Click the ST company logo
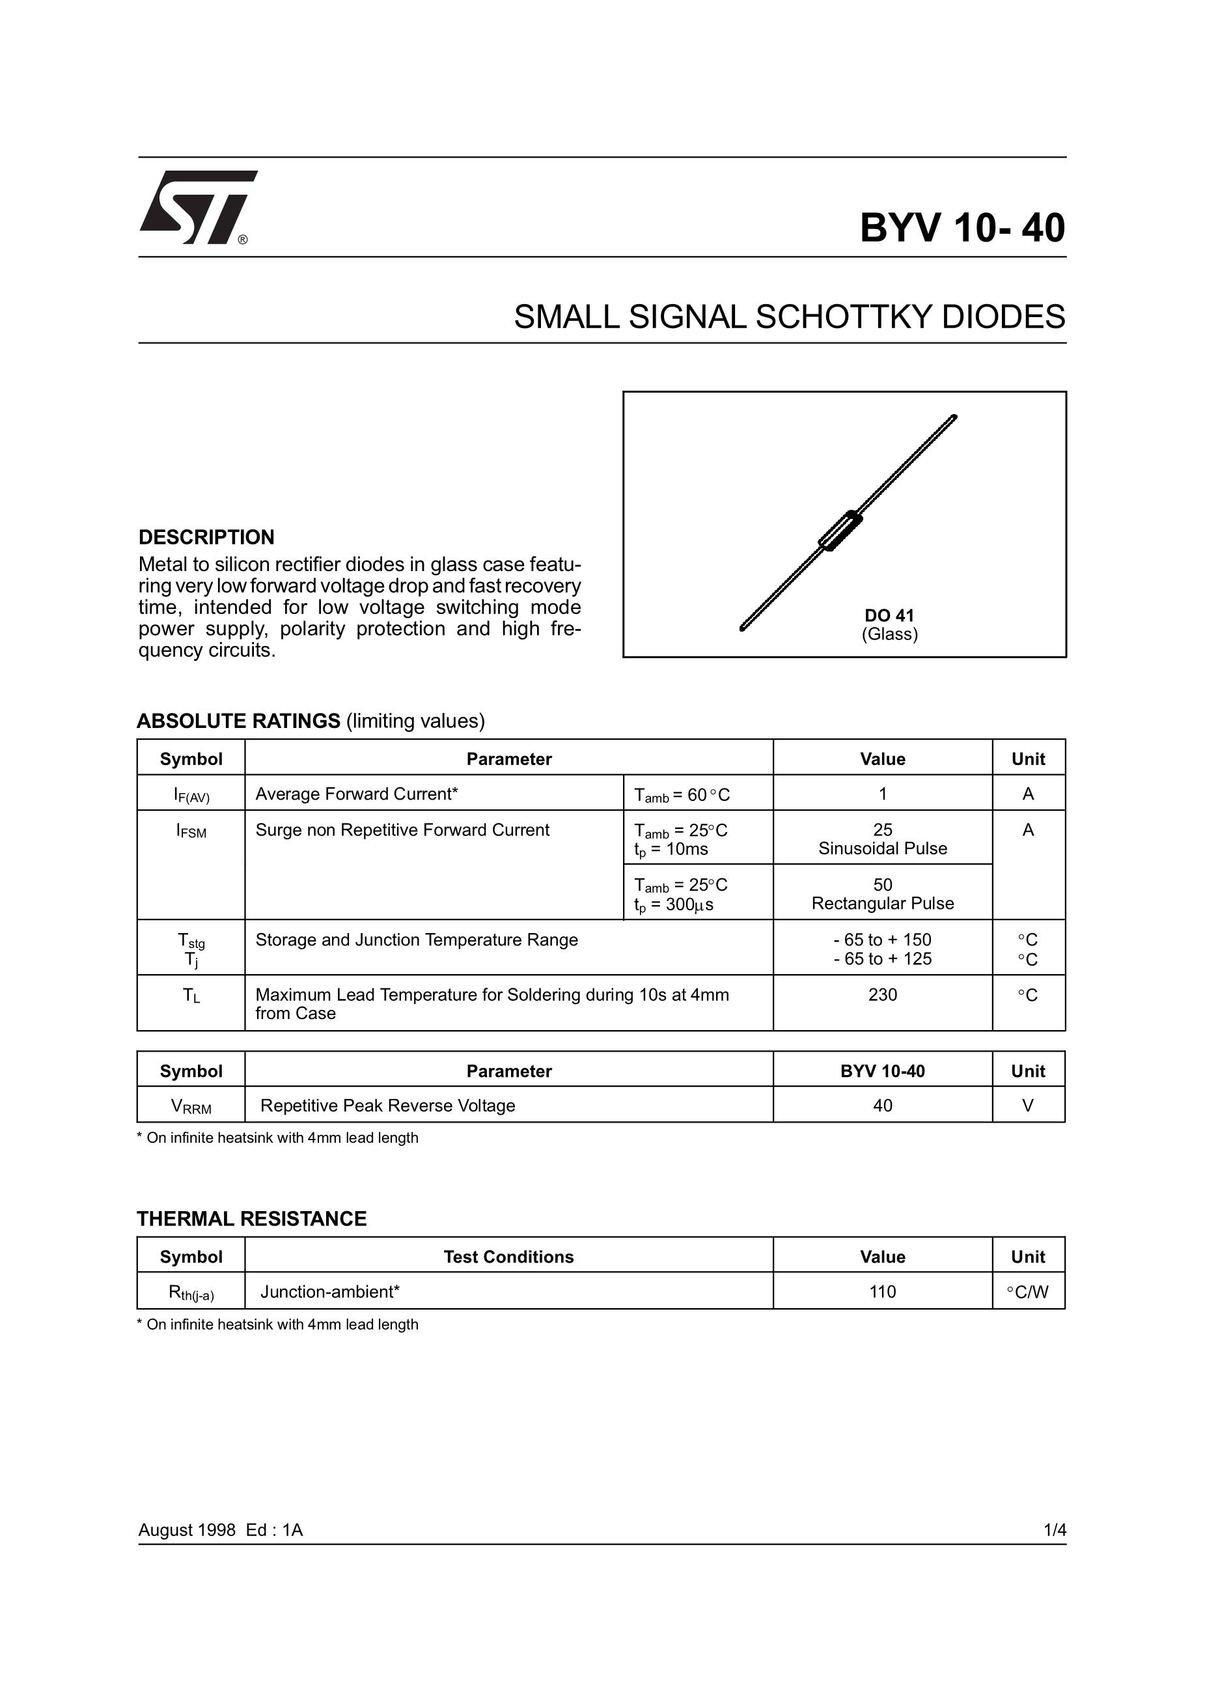click(x=198, y=207)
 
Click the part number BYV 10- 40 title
click(x=962, y=228)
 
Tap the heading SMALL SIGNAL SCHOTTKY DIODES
click(x=789, y=317)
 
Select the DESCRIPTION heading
click(x=206, y=537)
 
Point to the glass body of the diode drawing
click(x=840, y=531)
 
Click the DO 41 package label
click(x=889, y=615)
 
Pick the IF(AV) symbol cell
click(x=191, y=796)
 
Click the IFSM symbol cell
click(x=191, y=832)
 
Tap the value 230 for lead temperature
click(x=882, y=995)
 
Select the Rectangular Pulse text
click(x=882, y=904)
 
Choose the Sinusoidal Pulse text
click(x=882, y=848)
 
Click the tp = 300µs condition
click(x=673, y=905)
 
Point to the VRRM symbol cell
click(x=191, y=1106)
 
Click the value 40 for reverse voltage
click(x=882, y=1106)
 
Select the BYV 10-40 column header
click(x=882, y=1070)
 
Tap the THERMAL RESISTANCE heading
click(x=252, y=1218)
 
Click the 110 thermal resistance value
click(x=882, y=1291)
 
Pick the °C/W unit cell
click(x=1027, y=1292)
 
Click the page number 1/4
click(x=1054, y=1530)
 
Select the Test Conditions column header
click(x=508, y=1257)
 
